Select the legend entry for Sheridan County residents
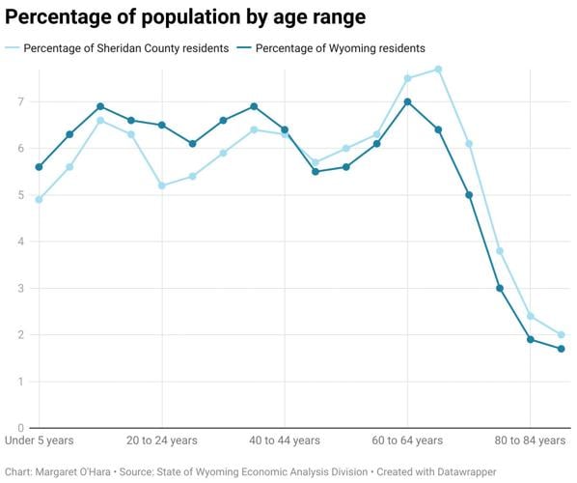tap(124, 47)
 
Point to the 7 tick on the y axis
tap(19, 101)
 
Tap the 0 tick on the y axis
tap(19, 428)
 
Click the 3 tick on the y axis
tap(19, 288)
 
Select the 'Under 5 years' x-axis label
tap(40, 440)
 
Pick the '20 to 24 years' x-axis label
tap(162, 440)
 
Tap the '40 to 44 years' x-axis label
tap(285, 440)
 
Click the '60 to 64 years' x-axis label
tap(407, 440)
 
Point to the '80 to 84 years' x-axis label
tap(530, 440)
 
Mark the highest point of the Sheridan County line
tap(438, 69)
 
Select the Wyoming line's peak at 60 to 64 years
tap(407, 101)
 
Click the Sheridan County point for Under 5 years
tap(39, 200)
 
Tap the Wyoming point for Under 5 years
tap(39, 167)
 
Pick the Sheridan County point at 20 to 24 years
tap(161, 185)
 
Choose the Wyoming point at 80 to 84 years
tap(530, 339)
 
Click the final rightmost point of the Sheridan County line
tap(561, 335)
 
